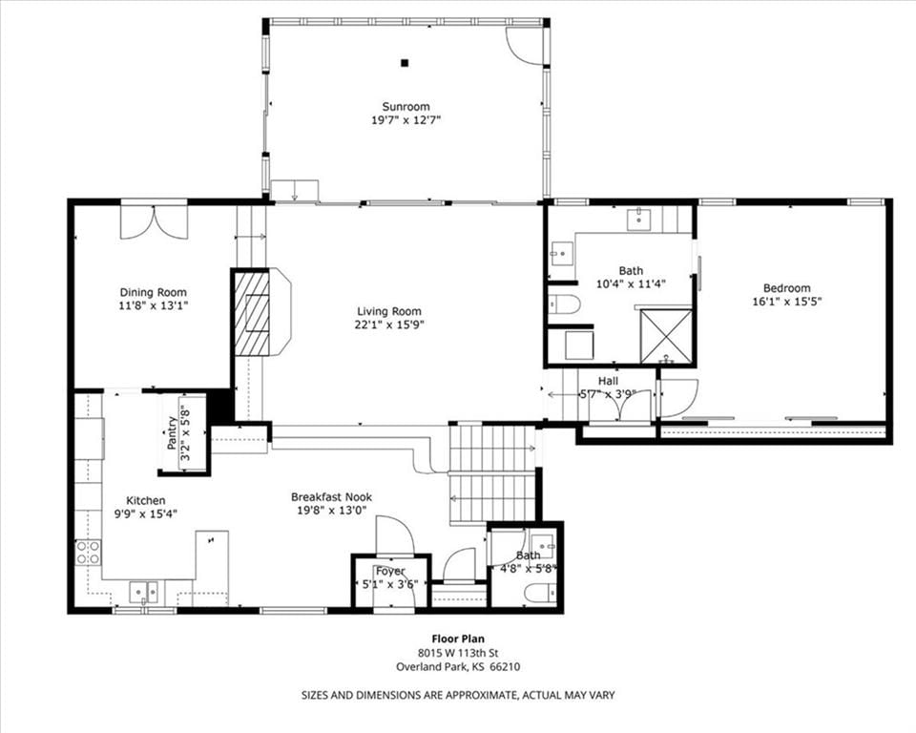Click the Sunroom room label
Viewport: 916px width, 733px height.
(x=406, y=106)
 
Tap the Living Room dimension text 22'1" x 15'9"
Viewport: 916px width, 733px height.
(x=389, y=325)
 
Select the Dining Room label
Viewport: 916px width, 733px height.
(x=153, y=292)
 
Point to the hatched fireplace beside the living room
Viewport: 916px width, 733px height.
(x=252, y=313)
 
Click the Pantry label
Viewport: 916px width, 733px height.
(x=171, y=432)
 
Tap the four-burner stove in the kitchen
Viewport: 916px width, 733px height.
(x=88, y=553)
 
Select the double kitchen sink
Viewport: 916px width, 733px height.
(x=144, y=592)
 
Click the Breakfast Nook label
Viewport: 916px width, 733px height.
(x=331, y=497)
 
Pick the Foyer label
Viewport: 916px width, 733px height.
(x=390, y=571)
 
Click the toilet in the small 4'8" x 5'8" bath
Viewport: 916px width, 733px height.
(x=537, y=594)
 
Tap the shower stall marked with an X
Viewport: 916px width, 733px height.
(x=666, y=336)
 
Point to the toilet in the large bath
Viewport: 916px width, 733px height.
(x=564, y=304)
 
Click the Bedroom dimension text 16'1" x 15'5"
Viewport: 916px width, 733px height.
(x=787, y=302)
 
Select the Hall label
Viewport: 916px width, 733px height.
(x=608, y=381)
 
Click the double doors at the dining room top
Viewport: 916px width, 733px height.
(x=155, y=221)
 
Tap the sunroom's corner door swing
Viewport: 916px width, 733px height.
(x=524, y=42)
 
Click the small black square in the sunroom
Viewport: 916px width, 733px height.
(x=405, y=63)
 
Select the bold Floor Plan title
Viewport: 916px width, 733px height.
(x=458, y=639)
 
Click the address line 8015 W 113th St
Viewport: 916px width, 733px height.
(x=458, y=653)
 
